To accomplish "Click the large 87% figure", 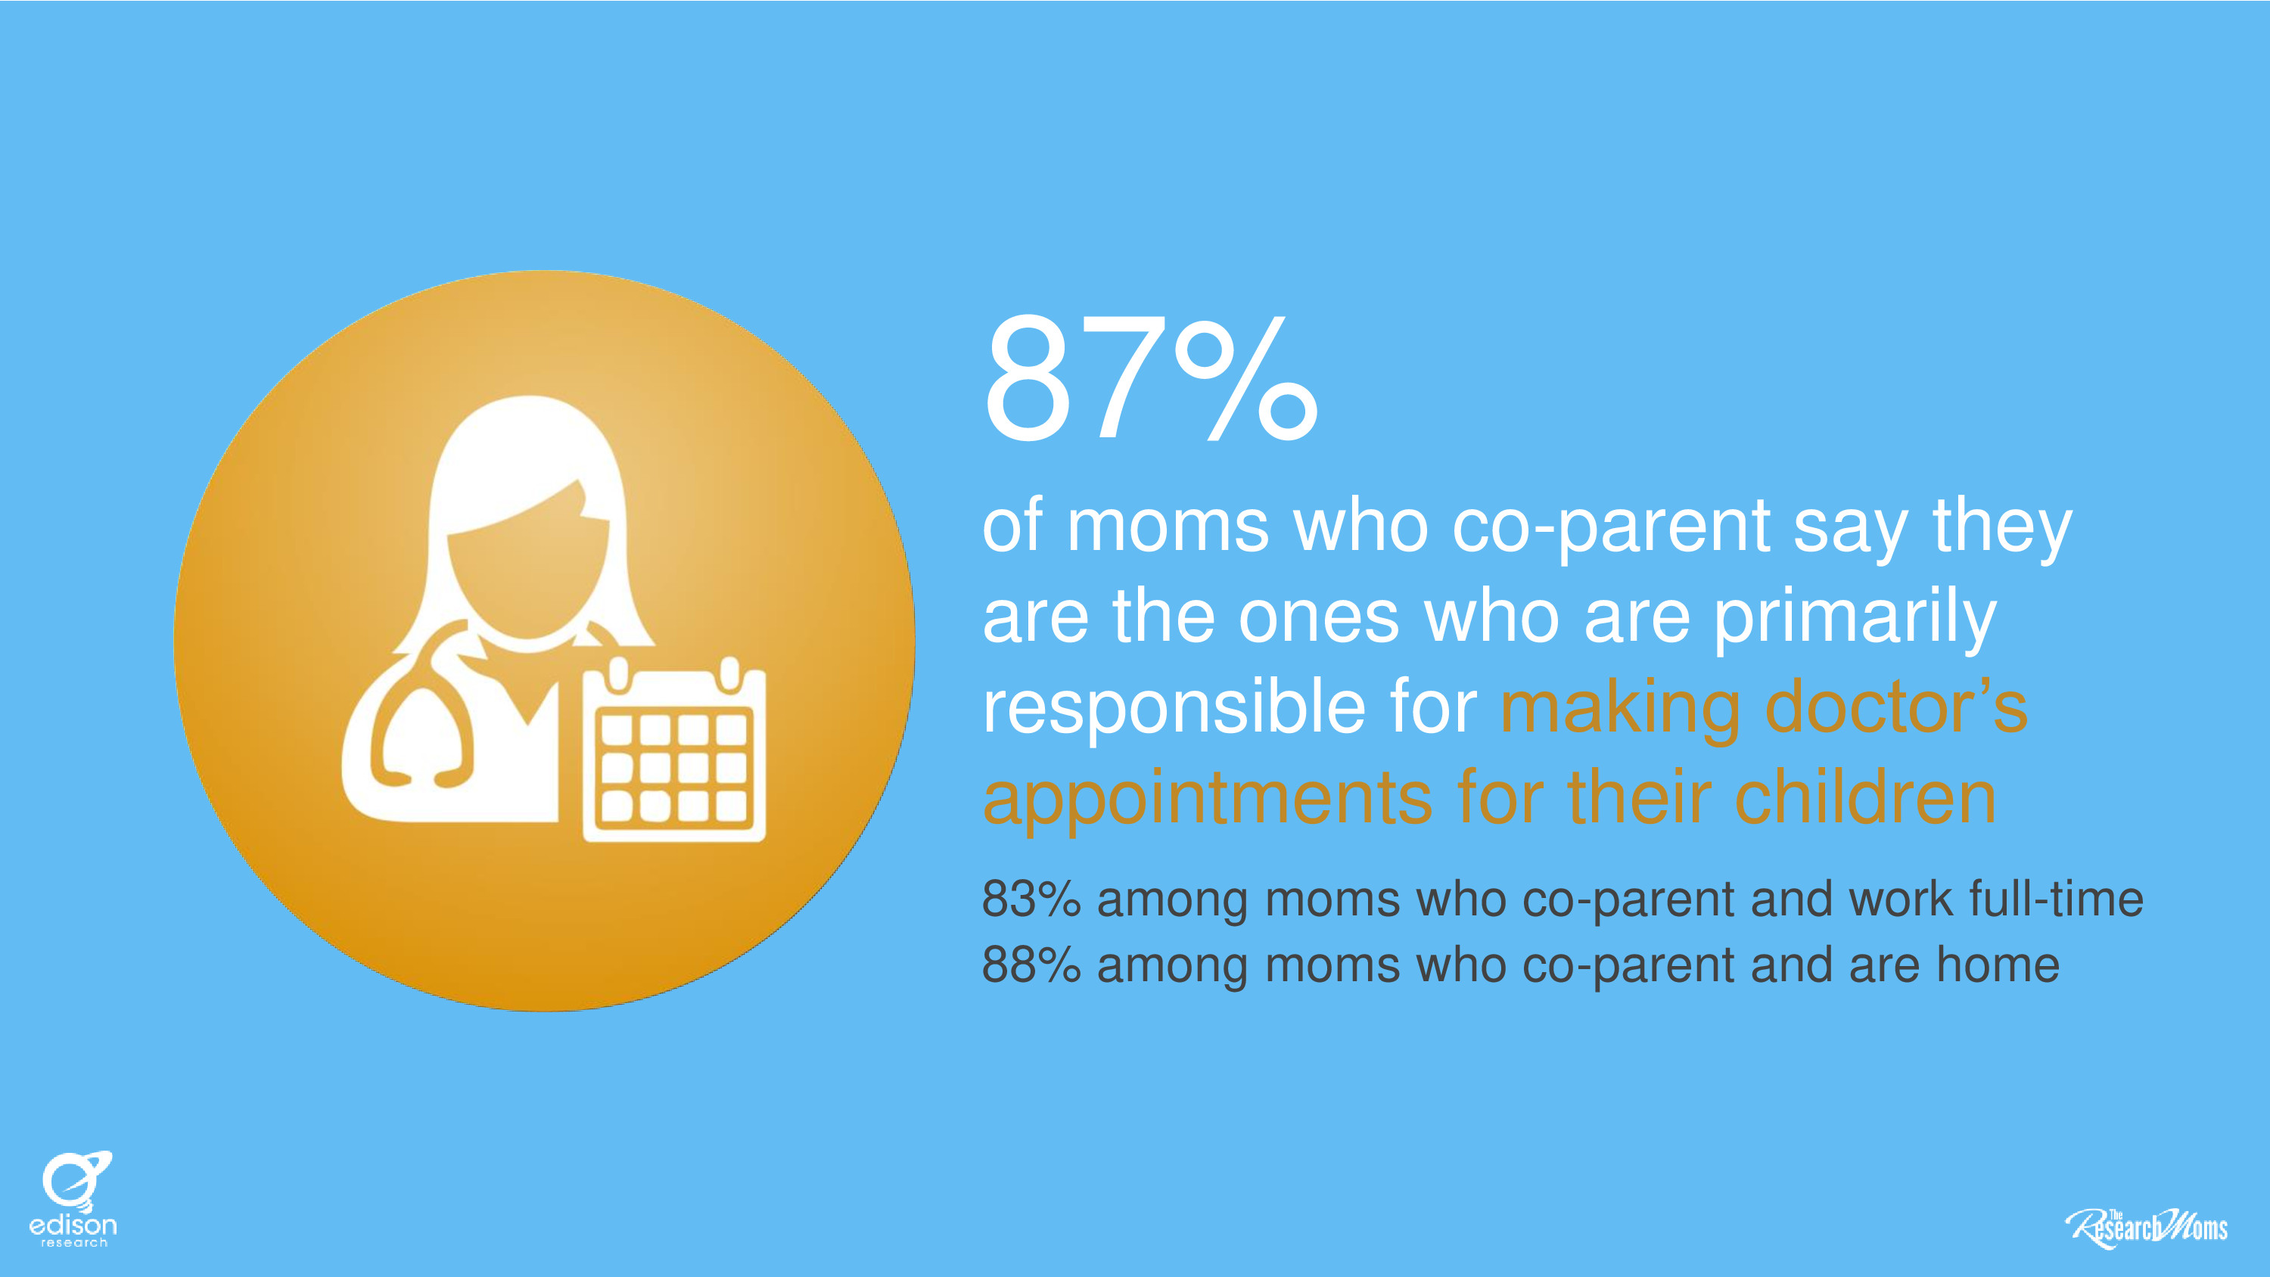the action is (1150, 379).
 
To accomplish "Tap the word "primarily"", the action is (1854, 620).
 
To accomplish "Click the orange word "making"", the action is (1620, 710).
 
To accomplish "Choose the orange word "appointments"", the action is (1207, 800).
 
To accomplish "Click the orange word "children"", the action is (1864, 795).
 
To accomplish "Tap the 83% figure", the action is (1031, 899).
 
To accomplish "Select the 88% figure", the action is (1031, 965).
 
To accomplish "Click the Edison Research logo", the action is (73, 1198).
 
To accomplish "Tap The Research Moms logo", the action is (2146, 1228).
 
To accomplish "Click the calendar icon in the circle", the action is (674, 751).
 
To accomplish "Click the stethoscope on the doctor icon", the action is (421, 705).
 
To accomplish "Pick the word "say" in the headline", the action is (1851, 533).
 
